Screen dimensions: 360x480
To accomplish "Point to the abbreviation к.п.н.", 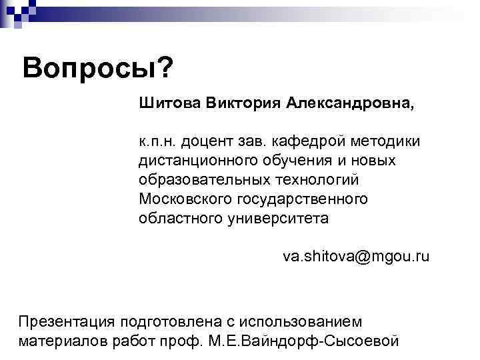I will [x=156, y=142].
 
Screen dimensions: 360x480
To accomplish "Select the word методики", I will [x=388, y=142].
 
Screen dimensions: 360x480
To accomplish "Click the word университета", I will [x=280, y=218].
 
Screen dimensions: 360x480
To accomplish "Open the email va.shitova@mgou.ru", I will [x=356, y=256].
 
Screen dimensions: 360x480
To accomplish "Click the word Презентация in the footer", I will [x=66, y=321].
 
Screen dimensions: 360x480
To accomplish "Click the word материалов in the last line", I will [x=57, y=341].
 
